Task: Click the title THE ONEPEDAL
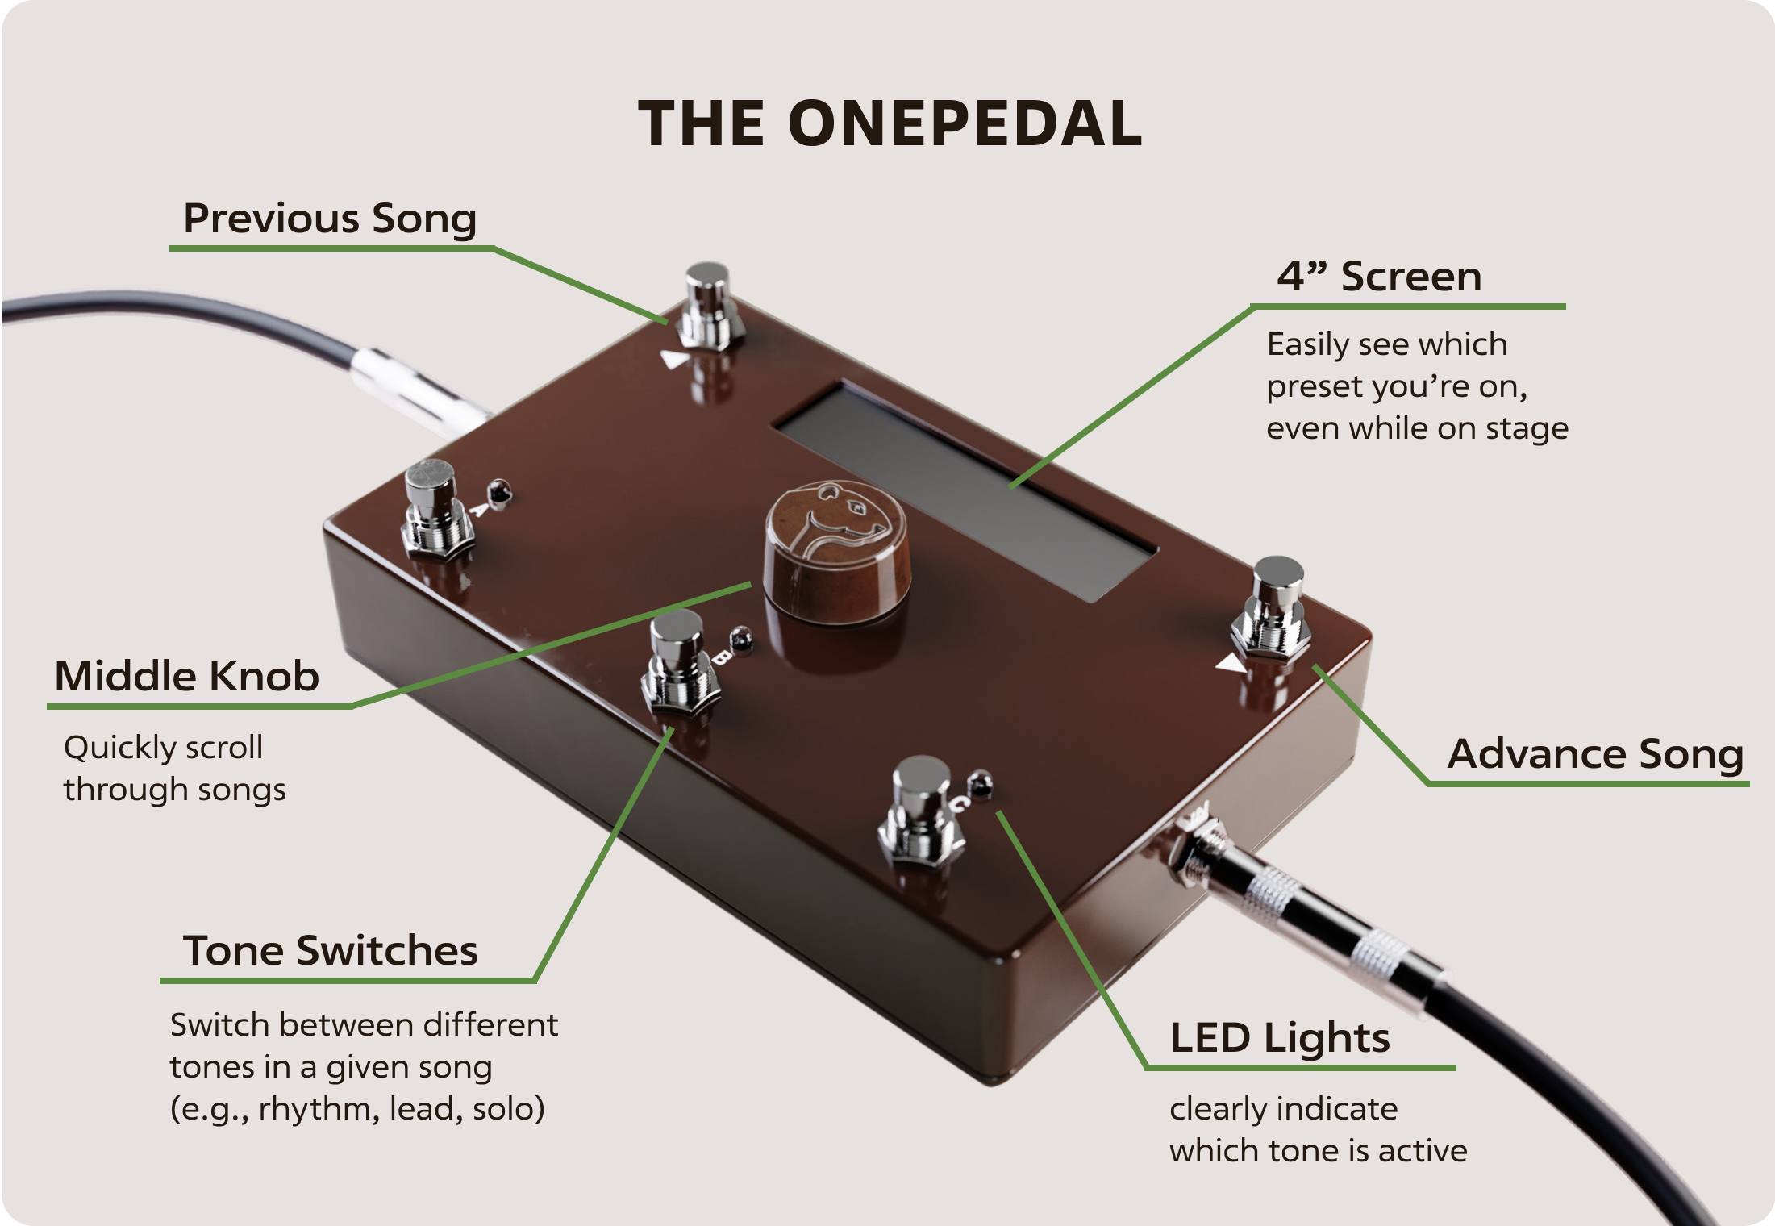pos(890,123)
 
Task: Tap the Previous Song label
pos(330,219)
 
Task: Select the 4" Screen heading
pos(1378,277)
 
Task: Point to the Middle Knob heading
pos(186,676)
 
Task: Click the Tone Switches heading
pos(331,950)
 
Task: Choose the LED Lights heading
pos(1280,1038)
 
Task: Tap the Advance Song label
pos(1595,754)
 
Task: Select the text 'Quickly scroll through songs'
pos(174,768)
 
